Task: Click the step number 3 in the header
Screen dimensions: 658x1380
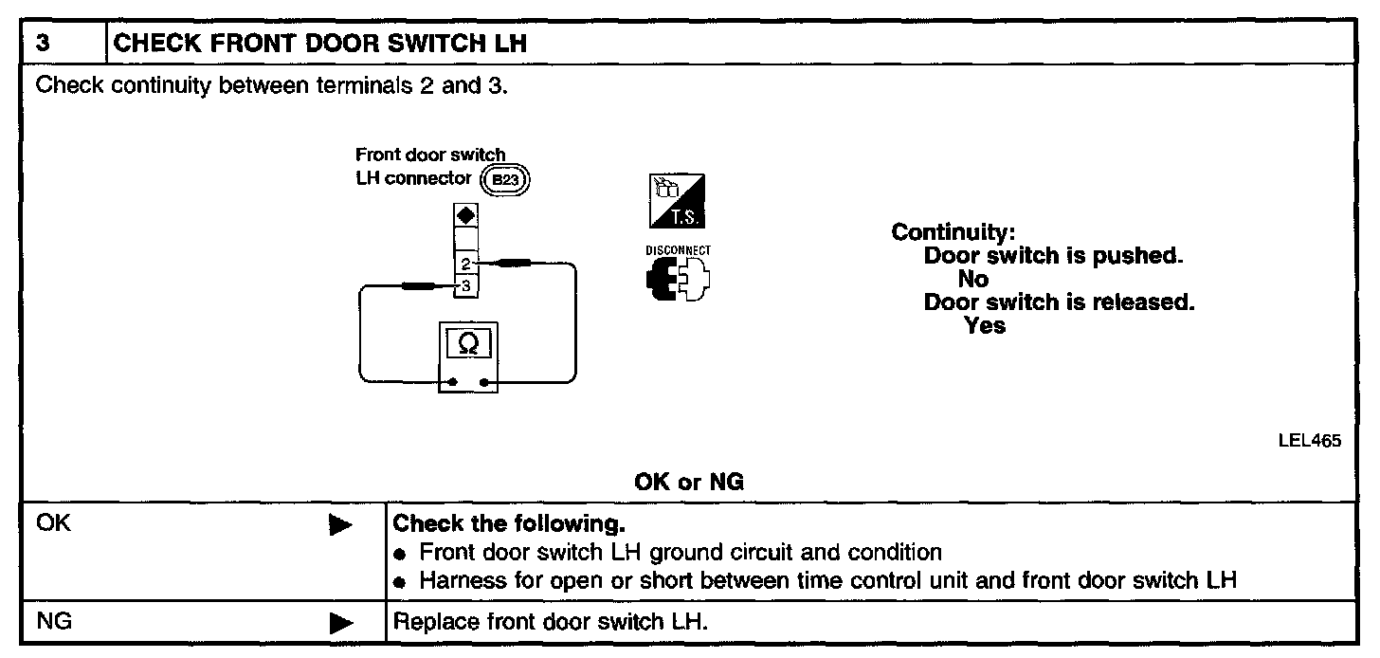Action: (43, 44)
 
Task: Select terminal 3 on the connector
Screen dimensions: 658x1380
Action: (465, 284)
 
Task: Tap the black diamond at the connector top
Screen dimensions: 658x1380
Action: (465, 216)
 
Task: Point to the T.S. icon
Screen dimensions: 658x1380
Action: (678, 201)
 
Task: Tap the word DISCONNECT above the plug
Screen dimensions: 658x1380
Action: (678, 250)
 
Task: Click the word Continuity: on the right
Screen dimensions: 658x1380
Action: (953, 232)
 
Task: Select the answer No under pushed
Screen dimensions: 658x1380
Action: (972, 279)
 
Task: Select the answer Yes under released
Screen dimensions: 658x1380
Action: (985, 325)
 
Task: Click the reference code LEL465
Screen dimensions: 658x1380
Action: (1316, 440)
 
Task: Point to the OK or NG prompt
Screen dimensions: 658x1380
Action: (689, 483)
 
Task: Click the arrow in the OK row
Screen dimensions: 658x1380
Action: (340, 524)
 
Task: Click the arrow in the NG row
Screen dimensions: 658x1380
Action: (340, 623)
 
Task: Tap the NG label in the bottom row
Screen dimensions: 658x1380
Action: (54, 623)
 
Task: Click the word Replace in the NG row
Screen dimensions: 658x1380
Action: (427, 623)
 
